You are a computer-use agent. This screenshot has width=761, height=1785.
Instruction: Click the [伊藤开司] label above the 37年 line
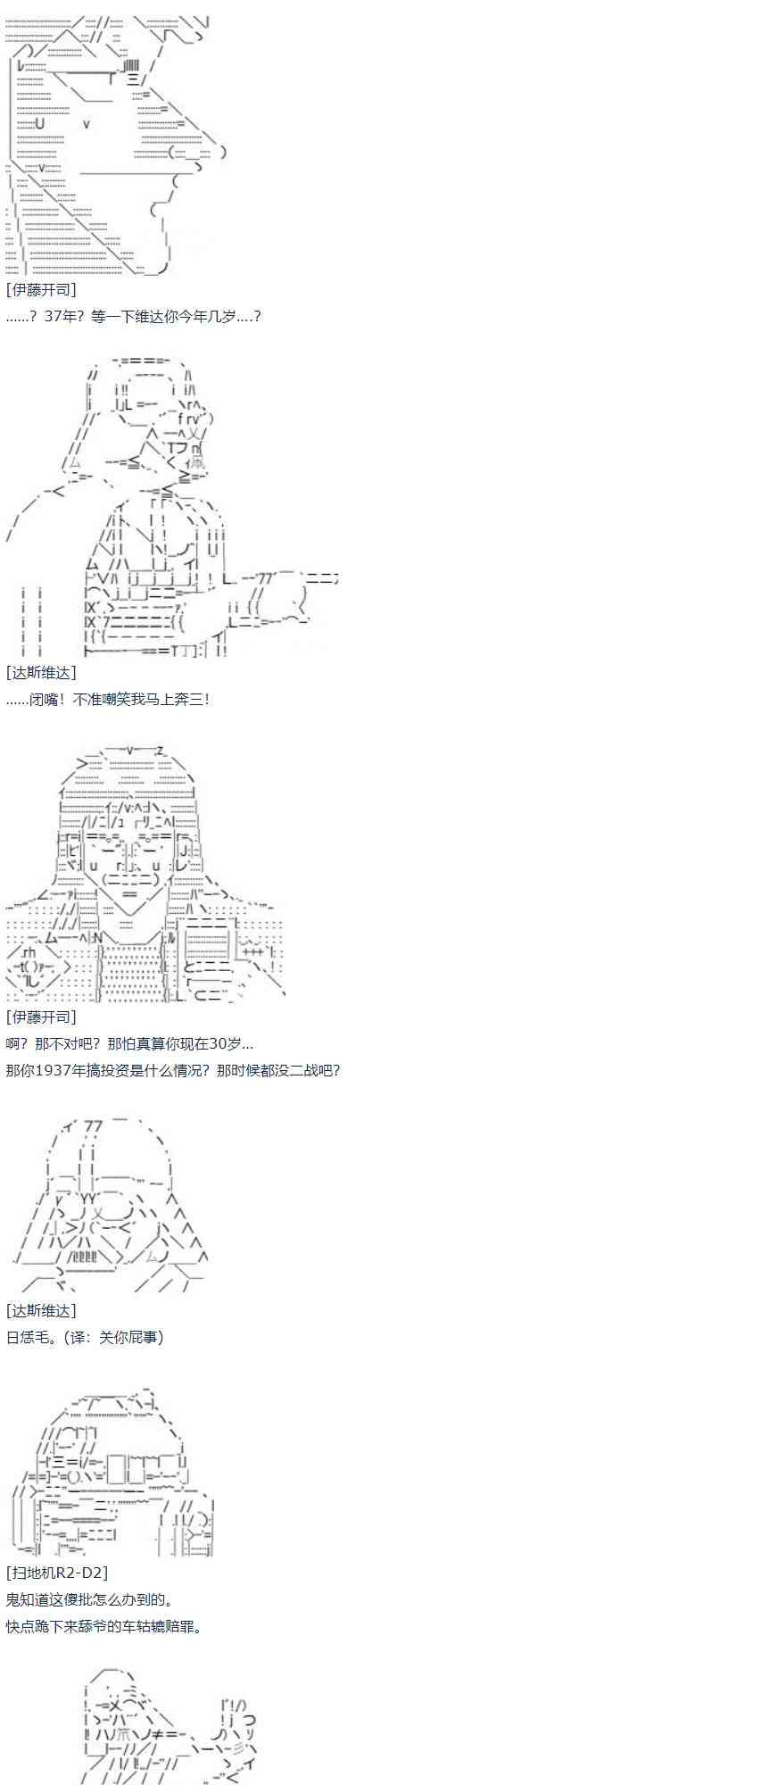(41, 289)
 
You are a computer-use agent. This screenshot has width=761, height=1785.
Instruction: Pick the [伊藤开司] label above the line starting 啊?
(41, 1017)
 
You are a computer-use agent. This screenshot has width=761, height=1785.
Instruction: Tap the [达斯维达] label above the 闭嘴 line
(41, 672)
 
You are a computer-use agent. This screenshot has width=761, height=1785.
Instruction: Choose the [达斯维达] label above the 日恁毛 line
(41, 1310)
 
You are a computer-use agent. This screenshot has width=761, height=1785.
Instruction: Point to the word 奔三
(190, 699)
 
